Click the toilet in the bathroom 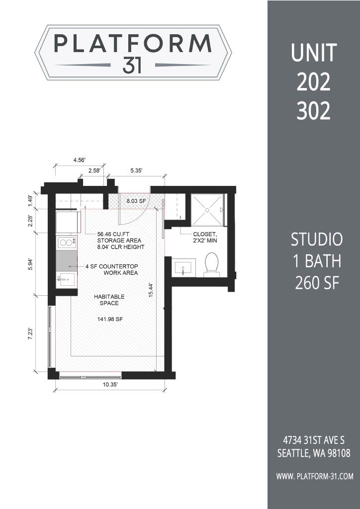pos(212,264)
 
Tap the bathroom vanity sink pos(183,268)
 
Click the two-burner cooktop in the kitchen pos(67,243)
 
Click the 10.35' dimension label pos(110,385)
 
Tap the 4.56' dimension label pos(80,160)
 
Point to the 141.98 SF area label pos(110,320)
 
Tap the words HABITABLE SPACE pos(109,300)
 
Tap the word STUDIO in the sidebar pos(317,240)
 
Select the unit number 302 pos(313,112)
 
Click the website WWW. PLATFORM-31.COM pos(314,476)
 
